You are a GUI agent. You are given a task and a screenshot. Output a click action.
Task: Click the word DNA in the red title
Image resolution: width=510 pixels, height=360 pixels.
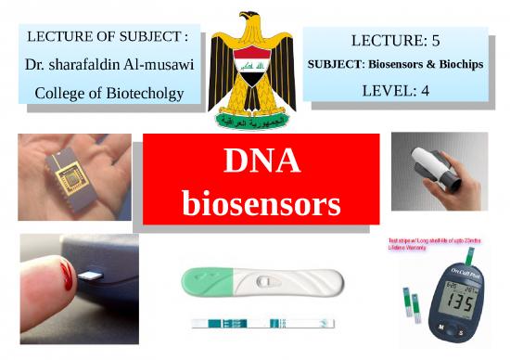point(261,161)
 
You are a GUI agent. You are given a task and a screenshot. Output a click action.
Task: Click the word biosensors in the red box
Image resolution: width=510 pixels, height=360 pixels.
point(261,202)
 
